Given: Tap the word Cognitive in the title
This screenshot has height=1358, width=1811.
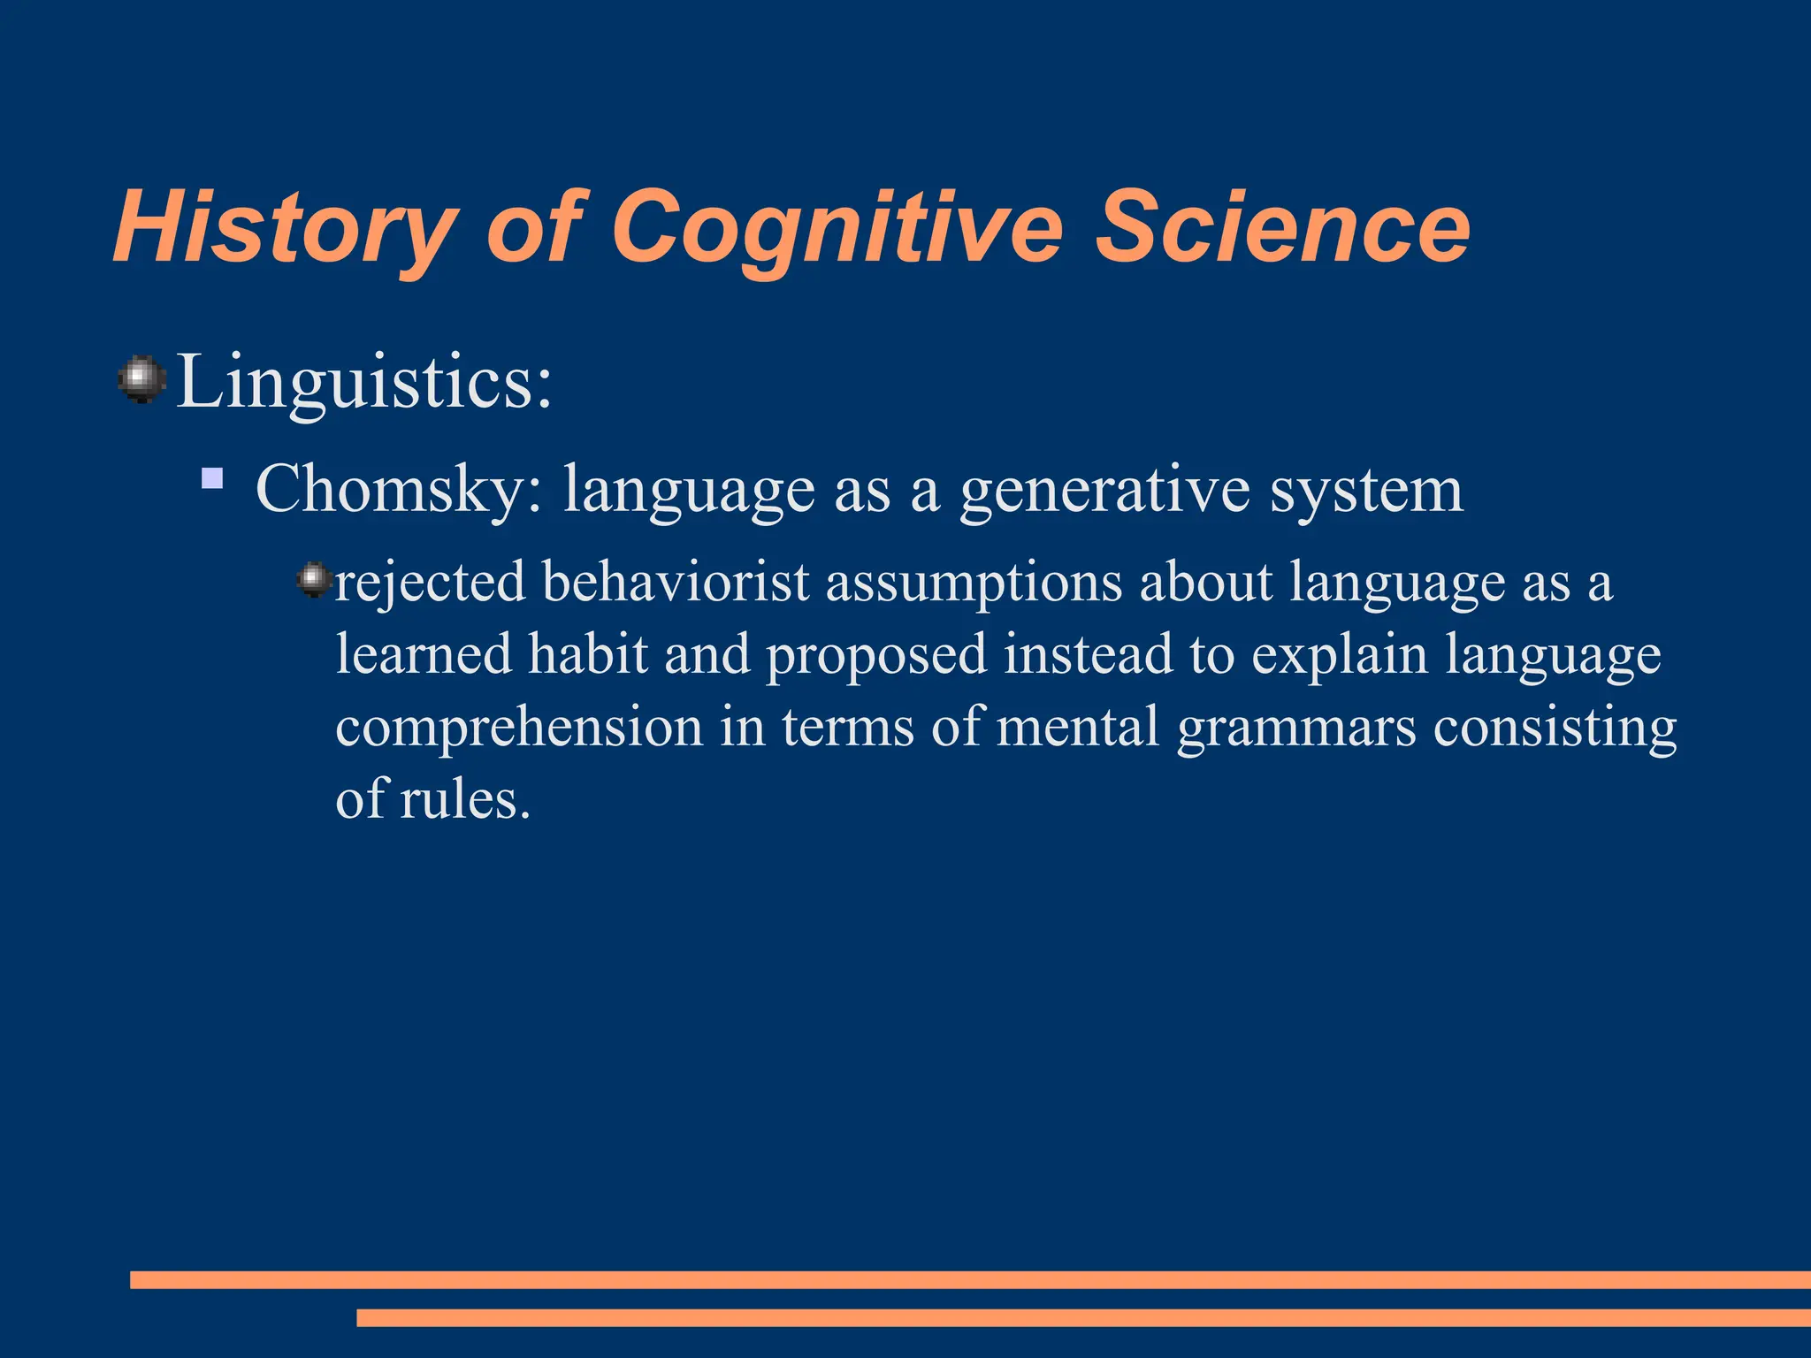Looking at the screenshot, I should [x=836, y=228].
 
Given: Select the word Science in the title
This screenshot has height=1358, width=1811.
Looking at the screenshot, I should [x=1282, y=228].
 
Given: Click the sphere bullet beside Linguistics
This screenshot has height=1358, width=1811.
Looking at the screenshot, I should [x=141, y=380].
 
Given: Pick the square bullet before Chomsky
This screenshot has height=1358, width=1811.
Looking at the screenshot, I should [x=212, y=479].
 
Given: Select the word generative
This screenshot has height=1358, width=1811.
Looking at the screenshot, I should [x=1104, y=489].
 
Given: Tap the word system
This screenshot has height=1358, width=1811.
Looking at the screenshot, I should [x=1366, y=489].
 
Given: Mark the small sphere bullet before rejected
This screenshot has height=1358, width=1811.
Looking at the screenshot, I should [x=312, y=580].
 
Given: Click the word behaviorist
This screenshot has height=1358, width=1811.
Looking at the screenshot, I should [x=676, y=583].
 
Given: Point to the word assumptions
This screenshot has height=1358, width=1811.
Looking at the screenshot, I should [x=974, y=583].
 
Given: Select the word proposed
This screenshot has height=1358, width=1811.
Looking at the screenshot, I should [x=875, y=656].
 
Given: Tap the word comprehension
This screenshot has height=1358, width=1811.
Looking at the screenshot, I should [x=519, y=727].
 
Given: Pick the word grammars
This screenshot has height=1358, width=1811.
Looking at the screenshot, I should [x=1296, y=729].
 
